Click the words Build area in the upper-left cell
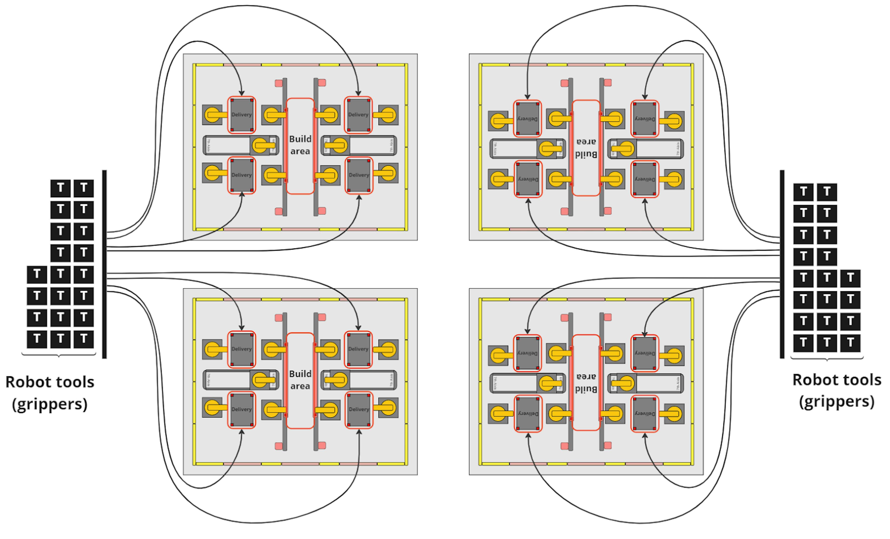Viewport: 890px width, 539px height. click(x=300, y=145)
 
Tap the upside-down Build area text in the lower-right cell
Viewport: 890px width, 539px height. click(x=586, y=383)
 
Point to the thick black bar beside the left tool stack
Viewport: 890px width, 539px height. click(x=104, y=264)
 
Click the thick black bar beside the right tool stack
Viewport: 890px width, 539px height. click(x=782, y=264)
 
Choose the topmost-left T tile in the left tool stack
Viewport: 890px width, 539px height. click(x=60, y=188)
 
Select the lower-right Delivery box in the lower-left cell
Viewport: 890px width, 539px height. click(x=359, y=409)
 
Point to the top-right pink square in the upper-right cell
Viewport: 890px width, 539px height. click(x=608, y=83)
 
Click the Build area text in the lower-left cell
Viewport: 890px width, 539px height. click(x=300, y=380)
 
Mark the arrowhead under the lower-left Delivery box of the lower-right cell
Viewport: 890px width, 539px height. click(x=528, y=435)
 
